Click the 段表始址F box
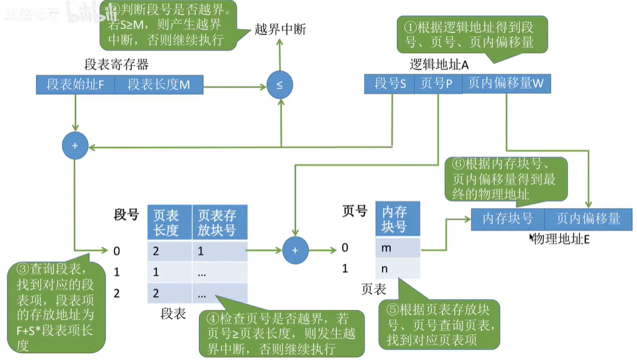pos(75,84)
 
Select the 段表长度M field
pos(159,84)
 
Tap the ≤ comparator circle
pos(279,85)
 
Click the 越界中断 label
pos(280,29)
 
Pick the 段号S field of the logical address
pos(389,84)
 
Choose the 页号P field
pos(437,84)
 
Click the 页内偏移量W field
pos(506,84)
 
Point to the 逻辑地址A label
pos(439,65)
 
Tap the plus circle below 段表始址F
pos(75,146)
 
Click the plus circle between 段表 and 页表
pos(296,251)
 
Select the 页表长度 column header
pos(167,222)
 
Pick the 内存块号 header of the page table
pos(394,219)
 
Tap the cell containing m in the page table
pos(394,248)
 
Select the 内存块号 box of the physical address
pos(508,219)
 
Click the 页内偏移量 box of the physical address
pos(588,219)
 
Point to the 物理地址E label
pos(561,238)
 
